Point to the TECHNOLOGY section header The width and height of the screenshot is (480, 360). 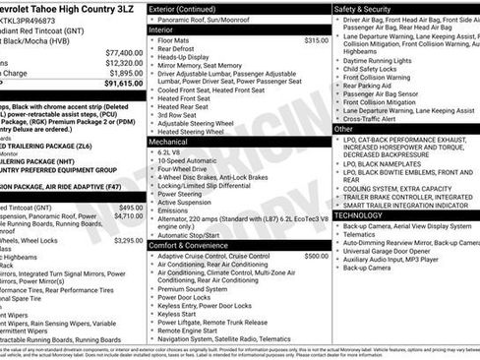click(359, 214)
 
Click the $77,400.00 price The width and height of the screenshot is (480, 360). click(124, 52)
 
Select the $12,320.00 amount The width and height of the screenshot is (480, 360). click(124, 63)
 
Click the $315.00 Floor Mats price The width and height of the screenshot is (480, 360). click(316, 40)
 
